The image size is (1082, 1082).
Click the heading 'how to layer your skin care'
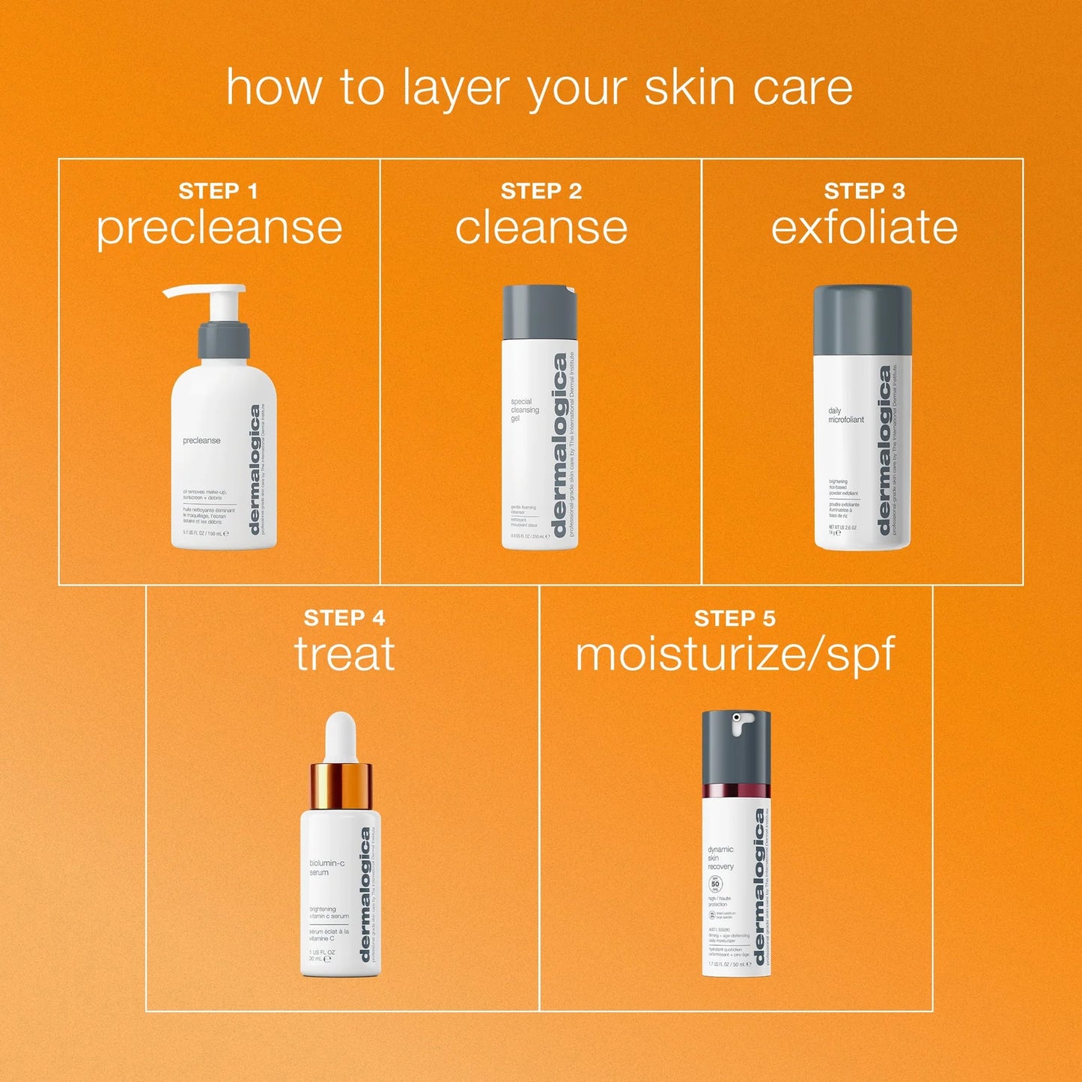pyautogui.click(x=539, y=88)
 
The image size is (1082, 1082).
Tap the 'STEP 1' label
pyautogui.click(x=218, y=192)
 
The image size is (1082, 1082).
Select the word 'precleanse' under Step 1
pyautogui.click(x=219, y=228)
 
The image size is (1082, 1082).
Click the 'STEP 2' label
pyautogui.click(x=541, y=192)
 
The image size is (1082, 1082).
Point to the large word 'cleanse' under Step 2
pyautogui.click(x=541, y=228)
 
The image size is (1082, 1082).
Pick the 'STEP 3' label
pyautogui.click(x=864, y=192)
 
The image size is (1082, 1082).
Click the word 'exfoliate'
pyautogui.click(x=864, y=228)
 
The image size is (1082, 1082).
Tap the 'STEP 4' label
pyautogui.click(x=344, y=618)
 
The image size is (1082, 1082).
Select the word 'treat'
pyautogui.click(x=344, y=654)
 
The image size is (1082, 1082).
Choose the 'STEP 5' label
pyautogui.click(x=734, y=618)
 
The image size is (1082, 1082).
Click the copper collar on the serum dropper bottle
pyautogui.click(x=341, y=785)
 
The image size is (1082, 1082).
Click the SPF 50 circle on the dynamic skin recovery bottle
pyautogui.click(x=715, y=884)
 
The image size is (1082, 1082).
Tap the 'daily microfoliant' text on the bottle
pyautogui.click(x=845, y=416)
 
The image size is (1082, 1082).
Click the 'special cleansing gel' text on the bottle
pyautogui.click(x=524, y=410)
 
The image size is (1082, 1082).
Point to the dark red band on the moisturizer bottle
pyautogui.click(x=736, y=791)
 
